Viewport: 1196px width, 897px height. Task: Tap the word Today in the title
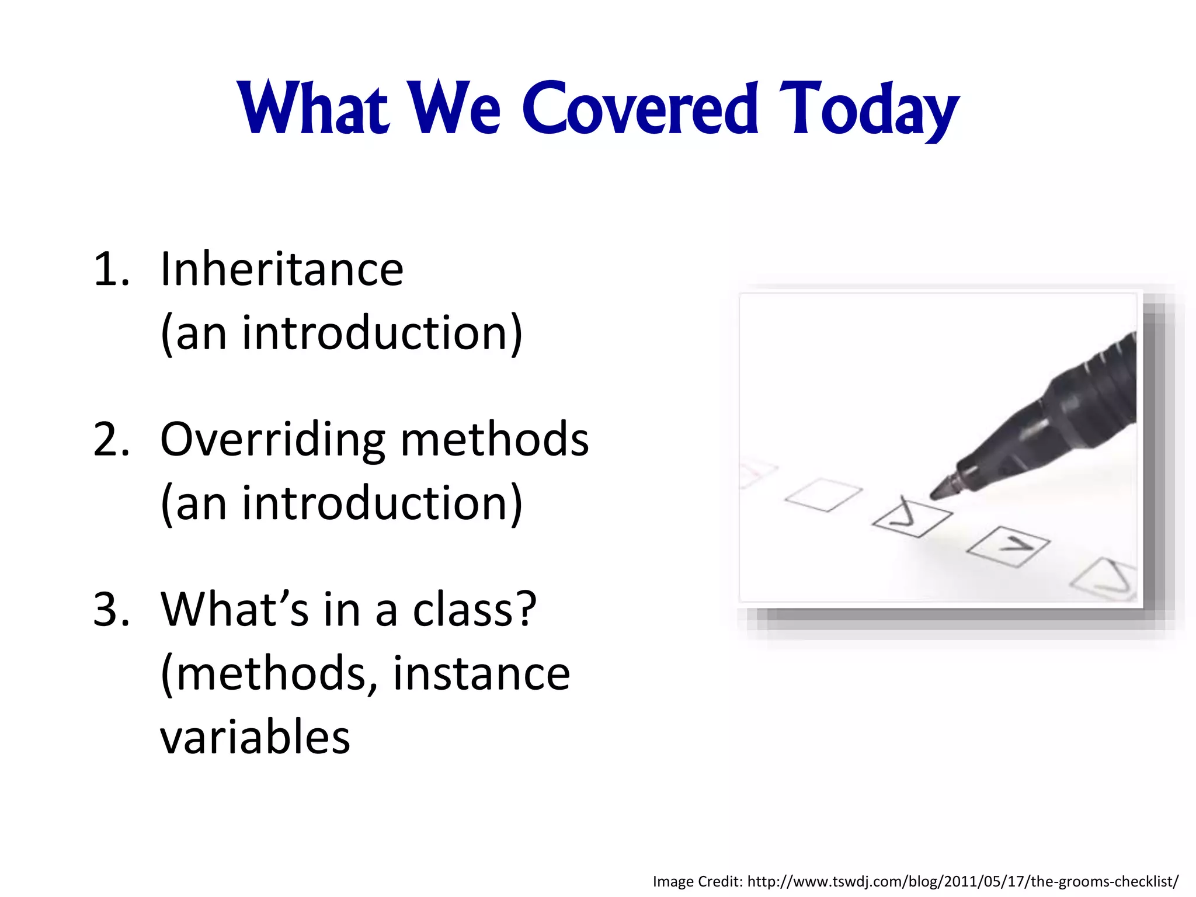pyautogui.click(x=869, y=110)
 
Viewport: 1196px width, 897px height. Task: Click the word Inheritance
pyautogui.click(x=281, y=269)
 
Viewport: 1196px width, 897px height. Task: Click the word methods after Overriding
pyautogui.click(x=494, y=439)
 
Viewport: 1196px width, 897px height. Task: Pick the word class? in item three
pyautogui.click(x=474, y=610)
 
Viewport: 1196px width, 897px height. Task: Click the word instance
pyautogui.click(x=481, y=673)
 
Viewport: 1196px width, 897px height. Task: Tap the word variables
pyautogui.click(x=255, y=737)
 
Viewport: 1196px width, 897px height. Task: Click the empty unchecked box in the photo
pyautogui.click(x=823, y=495)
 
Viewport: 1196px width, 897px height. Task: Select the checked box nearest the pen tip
pyautogui.click(x=912, y=517)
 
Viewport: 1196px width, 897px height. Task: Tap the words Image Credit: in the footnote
pyautogui.click(x=697, y=881)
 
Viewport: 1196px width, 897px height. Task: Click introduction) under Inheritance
pyautogui.click(x=382, y=333)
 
